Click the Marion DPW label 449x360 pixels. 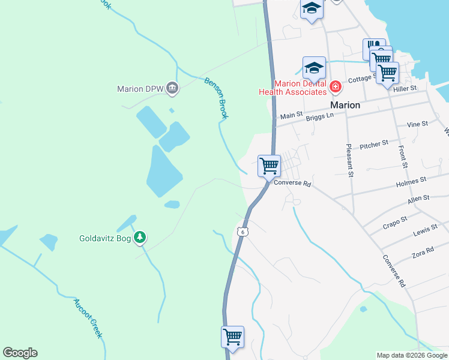click(140, 89)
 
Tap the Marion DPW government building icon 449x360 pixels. click(172, 89)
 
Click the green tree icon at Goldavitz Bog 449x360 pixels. click(140, 238)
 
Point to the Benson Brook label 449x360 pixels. click(217, 98)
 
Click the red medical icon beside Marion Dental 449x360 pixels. click(335, 88)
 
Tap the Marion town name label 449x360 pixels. click(345, 105)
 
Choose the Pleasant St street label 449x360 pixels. click(349, 160)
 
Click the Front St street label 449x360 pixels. click(403, 156)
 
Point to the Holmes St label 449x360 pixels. click(411, 179)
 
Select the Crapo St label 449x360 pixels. click(395, 223)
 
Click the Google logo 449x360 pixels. click(20, 353)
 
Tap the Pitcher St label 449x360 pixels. click(374, 145)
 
